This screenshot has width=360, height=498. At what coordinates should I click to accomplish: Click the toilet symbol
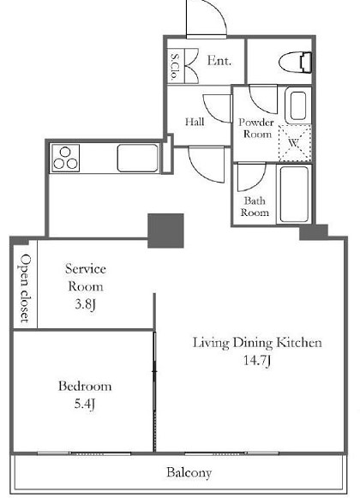click(x=295, y=63)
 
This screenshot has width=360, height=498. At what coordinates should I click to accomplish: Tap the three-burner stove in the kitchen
click(x=65, y=159)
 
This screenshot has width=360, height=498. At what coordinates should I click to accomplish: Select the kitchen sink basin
click(x=138, y=158)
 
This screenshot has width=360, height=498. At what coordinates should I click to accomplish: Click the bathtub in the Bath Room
click(x=294, y=194)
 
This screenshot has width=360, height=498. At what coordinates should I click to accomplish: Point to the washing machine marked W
click(x=294, y=143)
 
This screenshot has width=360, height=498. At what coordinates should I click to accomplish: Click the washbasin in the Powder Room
click(x=297, y=105)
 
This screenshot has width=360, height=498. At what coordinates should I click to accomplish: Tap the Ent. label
click(x=219, y=60)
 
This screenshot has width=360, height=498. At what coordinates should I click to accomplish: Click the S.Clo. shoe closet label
click(x=175, y=66)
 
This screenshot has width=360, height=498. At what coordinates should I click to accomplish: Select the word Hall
click(x=195, y=122)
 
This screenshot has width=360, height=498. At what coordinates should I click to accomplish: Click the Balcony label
click(x=189, y=472)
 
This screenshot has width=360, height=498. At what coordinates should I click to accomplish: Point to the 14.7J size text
click(x=257, y=361)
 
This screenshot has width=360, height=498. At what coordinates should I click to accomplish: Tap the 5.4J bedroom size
click(x=85, y=404)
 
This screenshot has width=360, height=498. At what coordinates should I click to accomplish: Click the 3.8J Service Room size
click(x=85, y=304)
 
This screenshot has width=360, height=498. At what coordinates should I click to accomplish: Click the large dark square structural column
click(x=165, y=231)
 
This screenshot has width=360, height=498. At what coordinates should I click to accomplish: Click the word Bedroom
click(x=85, y=387)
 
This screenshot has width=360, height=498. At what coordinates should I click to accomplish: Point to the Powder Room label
click(x=256, y=128)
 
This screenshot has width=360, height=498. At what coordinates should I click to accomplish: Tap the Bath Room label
click(x=255, y=207)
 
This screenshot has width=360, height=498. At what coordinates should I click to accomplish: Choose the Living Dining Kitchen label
click(x=257, y=343)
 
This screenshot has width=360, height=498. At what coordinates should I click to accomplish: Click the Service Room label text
click(x=86, y=278)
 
